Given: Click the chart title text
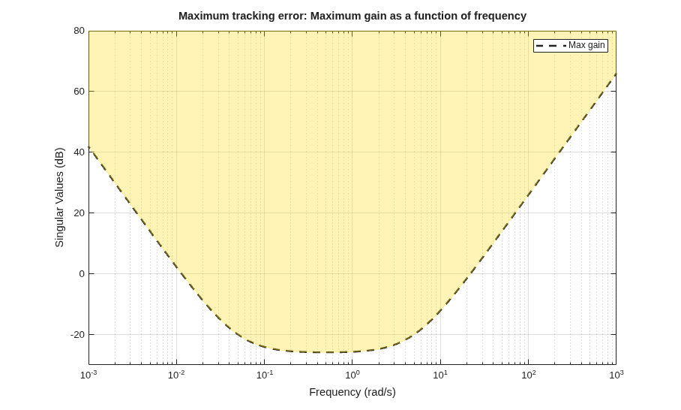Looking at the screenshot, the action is tap(352, 16).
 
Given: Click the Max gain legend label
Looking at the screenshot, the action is tap(586, 45).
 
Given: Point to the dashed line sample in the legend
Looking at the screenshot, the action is tap(550, 45).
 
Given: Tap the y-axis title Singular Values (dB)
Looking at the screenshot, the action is tap(59, 197).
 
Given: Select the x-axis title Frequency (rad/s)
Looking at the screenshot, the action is tap(352, 392).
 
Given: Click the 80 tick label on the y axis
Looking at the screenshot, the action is tap(79, 31).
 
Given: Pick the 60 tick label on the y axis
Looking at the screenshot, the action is tap(79, 92).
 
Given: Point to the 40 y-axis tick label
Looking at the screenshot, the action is tap(79, 152).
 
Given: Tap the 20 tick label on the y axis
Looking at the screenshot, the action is tap(79, 213).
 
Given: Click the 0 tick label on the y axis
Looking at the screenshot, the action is tap(82, 274).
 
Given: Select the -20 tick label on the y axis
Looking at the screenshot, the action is tap(77, 335).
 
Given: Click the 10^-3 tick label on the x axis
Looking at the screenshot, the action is tap(89, 375).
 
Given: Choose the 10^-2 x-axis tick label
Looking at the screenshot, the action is tap(177, 375).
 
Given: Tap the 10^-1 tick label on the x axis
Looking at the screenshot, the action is tap(265, 375).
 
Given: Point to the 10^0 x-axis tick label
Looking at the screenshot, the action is tap(352, 375).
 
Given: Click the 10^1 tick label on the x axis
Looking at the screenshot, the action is tap(440, 375).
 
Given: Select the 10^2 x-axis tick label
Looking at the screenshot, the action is tap(528, 375).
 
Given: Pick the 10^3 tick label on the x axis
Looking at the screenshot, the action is tap(616, 375).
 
